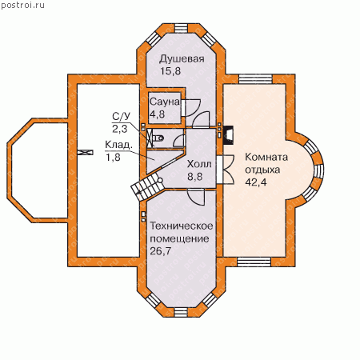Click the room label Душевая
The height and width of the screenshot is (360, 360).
click(x=182, y=59)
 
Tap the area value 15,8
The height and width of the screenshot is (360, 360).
click(x=170, y=71)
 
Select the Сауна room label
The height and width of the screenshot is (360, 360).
click(x=165, y=102)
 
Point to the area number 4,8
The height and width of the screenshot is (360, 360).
click(x=157, y=114)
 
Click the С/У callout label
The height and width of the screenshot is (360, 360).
click(x=122, y=117)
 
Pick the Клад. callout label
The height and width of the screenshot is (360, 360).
click(x=118, y=145)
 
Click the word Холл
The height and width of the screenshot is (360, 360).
click(x=199, y=164)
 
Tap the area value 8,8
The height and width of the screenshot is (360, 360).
click(x=194, y=177)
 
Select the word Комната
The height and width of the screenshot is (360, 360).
click(x=266, y=157)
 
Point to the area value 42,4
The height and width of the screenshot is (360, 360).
click(x=256, y=182)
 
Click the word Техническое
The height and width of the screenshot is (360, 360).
click(x=182, y=226)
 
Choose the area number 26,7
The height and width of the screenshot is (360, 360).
click(x=160, y=251)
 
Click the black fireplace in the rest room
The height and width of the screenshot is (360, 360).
click(x=228, y=135)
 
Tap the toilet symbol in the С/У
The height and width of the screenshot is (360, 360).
click(x=158, y=138)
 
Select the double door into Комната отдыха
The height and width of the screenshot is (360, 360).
click(x=226, y=170)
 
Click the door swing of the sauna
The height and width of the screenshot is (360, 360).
click(x=191, y=108)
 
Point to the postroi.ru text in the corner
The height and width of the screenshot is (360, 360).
click(x=23, y=5)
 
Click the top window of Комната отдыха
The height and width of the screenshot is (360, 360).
click(x=255, y=79)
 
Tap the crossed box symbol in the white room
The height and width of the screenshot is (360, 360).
click(x=85, y=152)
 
